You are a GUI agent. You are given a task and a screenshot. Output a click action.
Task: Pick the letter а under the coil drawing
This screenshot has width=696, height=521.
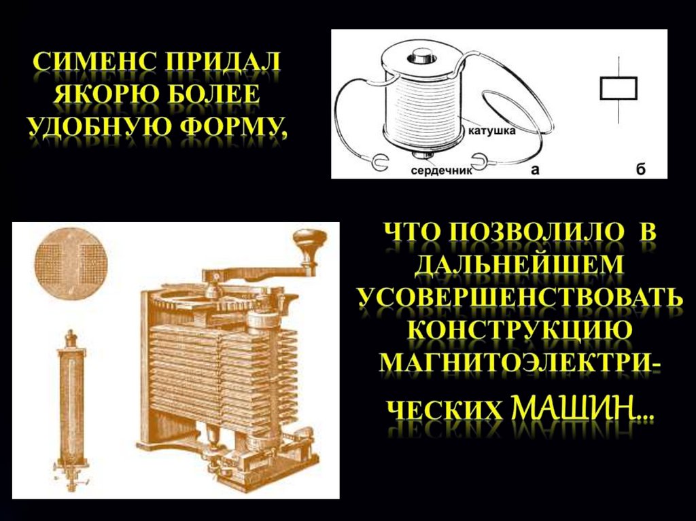coord(536,169)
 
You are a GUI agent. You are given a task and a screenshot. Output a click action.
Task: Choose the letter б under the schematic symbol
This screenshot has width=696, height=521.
coord(640,168)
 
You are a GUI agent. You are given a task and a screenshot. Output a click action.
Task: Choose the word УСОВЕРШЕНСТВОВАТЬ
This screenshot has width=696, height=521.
coord(520,298)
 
